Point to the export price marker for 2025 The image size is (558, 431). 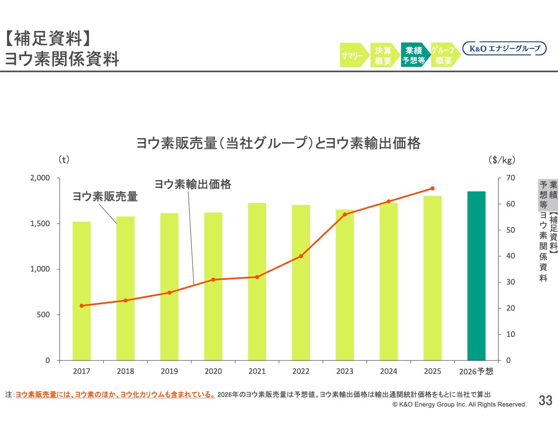(x=432, y=189)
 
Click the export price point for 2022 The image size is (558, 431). (x=301, y=256)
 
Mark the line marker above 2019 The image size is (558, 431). (x=169, y=292)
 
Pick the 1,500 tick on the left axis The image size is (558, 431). (x=40, y=224)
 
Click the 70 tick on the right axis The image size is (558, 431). (x=510, y=178)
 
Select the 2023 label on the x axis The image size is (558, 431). (x=344, y=371)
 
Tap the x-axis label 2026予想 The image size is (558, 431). (x=476, y=371)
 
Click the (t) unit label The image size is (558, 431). (x=64, y=160)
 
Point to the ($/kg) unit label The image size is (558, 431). (x=502, y=160)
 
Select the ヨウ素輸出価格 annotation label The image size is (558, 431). (x=193, y=184)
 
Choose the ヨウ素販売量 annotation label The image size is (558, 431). (x=105, y=197)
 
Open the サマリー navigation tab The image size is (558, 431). (x=353, y=55)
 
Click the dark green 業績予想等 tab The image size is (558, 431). (x=414, y=55)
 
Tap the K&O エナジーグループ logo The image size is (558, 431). (x=504, y=48)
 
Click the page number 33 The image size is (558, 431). (x=545, y=400)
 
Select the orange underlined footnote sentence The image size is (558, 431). (x=115, y=395)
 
